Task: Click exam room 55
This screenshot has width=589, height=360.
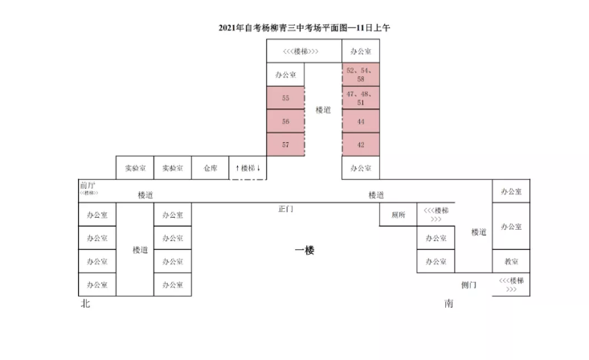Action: (286, 98)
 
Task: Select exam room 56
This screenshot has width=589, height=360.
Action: (286, 121)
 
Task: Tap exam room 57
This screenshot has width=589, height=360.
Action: (286, 145)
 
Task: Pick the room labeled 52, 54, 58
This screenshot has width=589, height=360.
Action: (361, 75)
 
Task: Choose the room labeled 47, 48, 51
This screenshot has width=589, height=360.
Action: (361, 98)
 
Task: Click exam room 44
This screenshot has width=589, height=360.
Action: (361, 121)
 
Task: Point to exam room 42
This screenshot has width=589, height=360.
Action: (361, 145)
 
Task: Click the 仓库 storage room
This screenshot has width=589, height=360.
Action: (211, 168)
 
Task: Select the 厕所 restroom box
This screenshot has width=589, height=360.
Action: (398, 215)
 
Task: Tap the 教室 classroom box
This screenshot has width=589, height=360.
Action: (511, 262)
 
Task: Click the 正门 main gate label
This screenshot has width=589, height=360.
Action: (286, 209)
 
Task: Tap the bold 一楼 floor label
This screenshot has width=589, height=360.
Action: (305, 251)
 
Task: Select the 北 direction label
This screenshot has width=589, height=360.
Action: (85, 305)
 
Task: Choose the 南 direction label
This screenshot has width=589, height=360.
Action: (448, 305)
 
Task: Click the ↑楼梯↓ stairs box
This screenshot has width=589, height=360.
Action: (248, 168)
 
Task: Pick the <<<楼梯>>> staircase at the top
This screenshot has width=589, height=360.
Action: (305, 51)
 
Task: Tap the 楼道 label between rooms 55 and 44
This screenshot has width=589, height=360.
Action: (323, 109)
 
